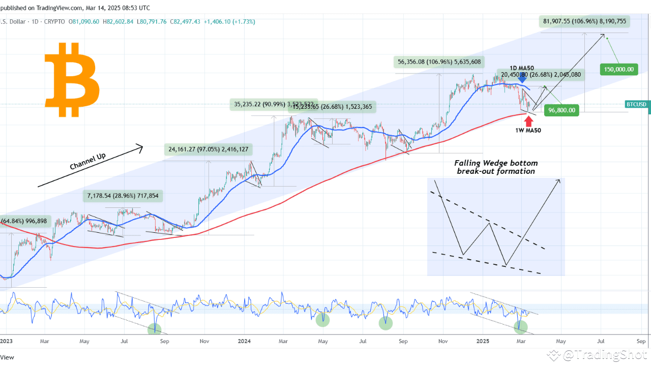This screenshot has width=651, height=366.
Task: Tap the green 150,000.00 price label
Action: coord(619,69)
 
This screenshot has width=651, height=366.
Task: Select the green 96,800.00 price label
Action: coord(562,110)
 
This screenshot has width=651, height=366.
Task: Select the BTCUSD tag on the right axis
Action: coord(636,104)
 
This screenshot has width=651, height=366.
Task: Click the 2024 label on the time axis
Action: coord(244,342)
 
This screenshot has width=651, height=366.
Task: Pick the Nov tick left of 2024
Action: coord(204,342)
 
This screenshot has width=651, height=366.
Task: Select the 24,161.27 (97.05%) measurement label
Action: coord(208,149)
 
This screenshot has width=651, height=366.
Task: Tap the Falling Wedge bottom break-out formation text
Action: coord(495,167)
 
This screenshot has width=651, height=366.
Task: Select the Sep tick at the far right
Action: coord(640,342)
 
